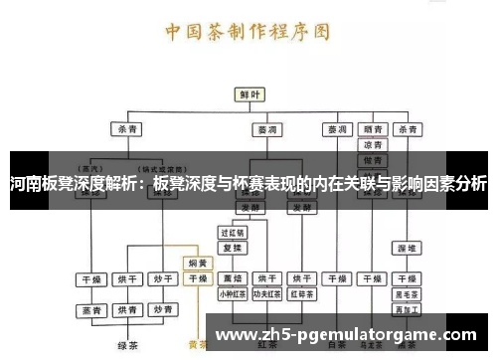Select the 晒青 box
(x=373, y=129)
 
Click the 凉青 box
(x=373, y=145)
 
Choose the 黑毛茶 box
(x=406, y=294)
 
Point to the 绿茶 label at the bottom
(x=126, y=346)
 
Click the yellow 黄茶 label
(x=197, y=346)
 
